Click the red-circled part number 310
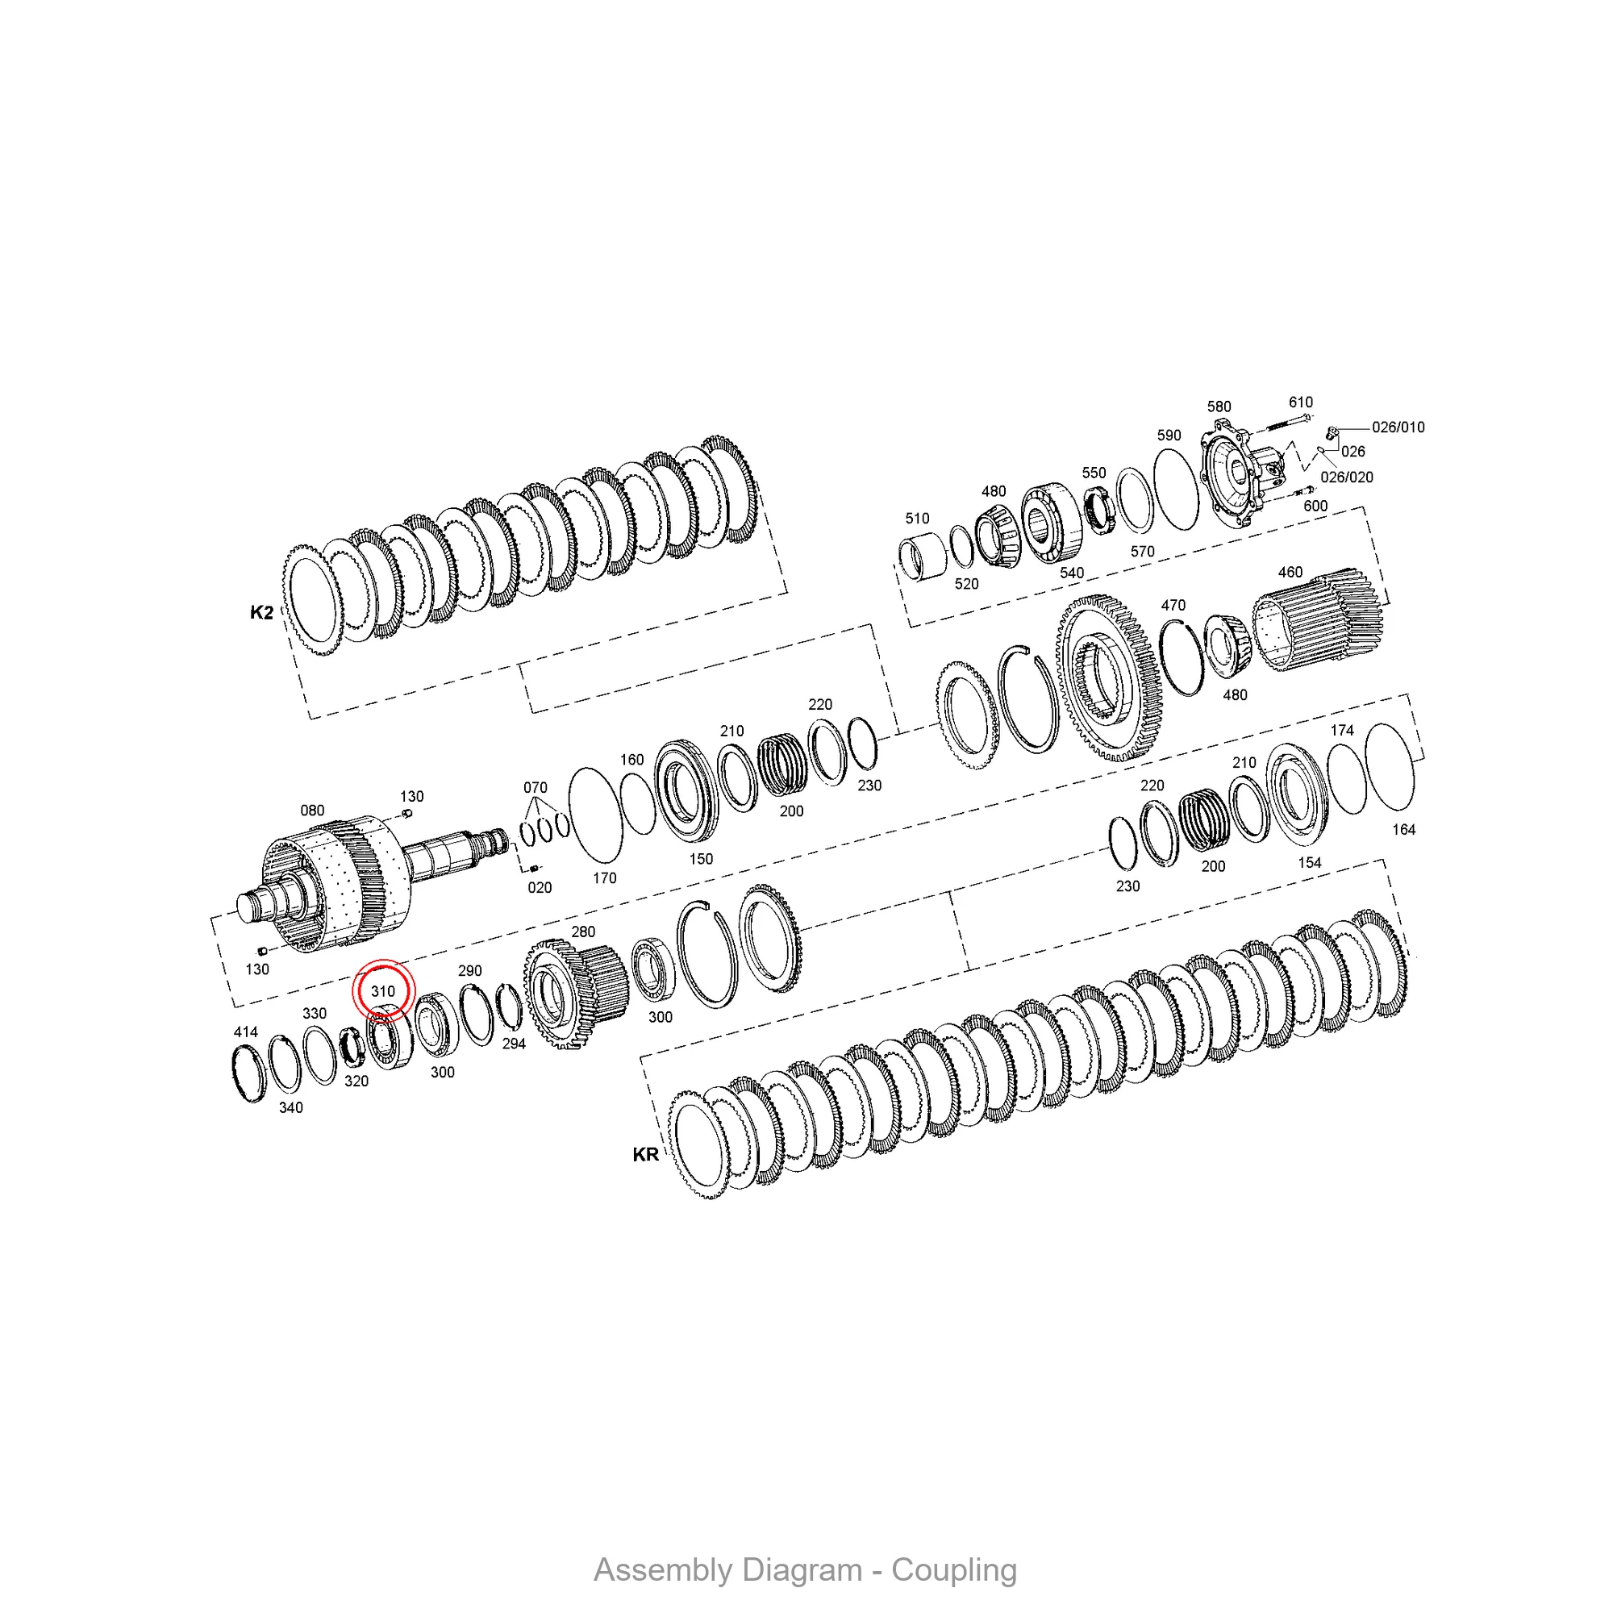(x=382, y=991)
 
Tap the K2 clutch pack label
(x=261, y=613)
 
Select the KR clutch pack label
(x=645, y=1155)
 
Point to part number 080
(x=312, y=811)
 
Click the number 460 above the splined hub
(x=1290, y=572)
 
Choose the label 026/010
(x=1398, y=427)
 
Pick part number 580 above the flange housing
(x=1219, y=406)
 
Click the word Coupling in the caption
(x=954, y=1570)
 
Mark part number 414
(x=245, y=1032)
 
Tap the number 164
(x=1403, y=830)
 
